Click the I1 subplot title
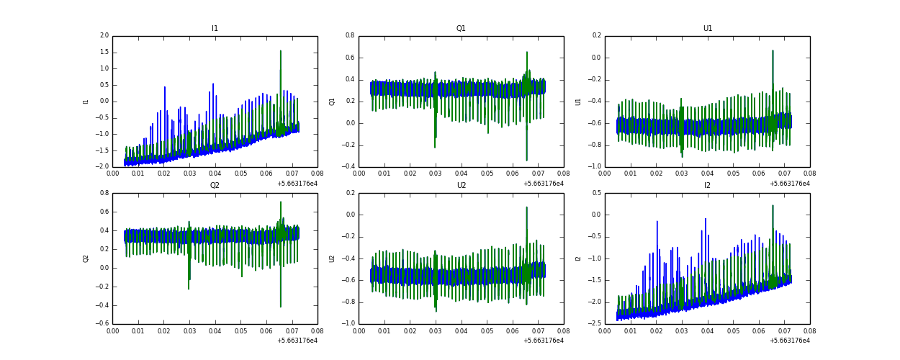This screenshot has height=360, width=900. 215,29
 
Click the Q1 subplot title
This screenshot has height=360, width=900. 461,29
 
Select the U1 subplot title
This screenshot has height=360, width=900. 707,29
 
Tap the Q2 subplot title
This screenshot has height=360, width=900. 215,186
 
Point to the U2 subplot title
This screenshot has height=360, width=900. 461,186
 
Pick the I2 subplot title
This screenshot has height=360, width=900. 707,186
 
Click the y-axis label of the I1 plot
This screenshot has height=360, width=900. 86,102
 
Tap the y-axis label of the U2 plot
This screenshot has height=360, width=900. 332,258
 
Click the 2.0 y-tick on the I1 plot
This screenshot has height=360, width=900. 104,36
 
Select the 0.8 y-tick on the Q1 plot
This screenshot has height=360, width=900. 349,36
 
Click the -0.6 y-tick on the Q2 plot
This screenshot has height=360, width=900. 103,324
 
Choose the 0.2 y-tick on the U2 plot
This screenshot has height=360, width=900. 349,193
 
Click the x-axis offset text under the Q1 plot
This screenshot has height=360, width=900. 543,184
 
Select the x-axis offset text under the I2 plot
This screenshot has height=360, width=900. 789,341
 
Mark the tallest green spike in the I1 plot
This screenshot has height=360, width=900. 281,51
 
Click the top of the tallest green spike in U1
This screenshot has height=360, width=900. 773,51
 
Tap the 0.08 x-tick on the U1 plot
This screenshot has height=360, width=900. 809,174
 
